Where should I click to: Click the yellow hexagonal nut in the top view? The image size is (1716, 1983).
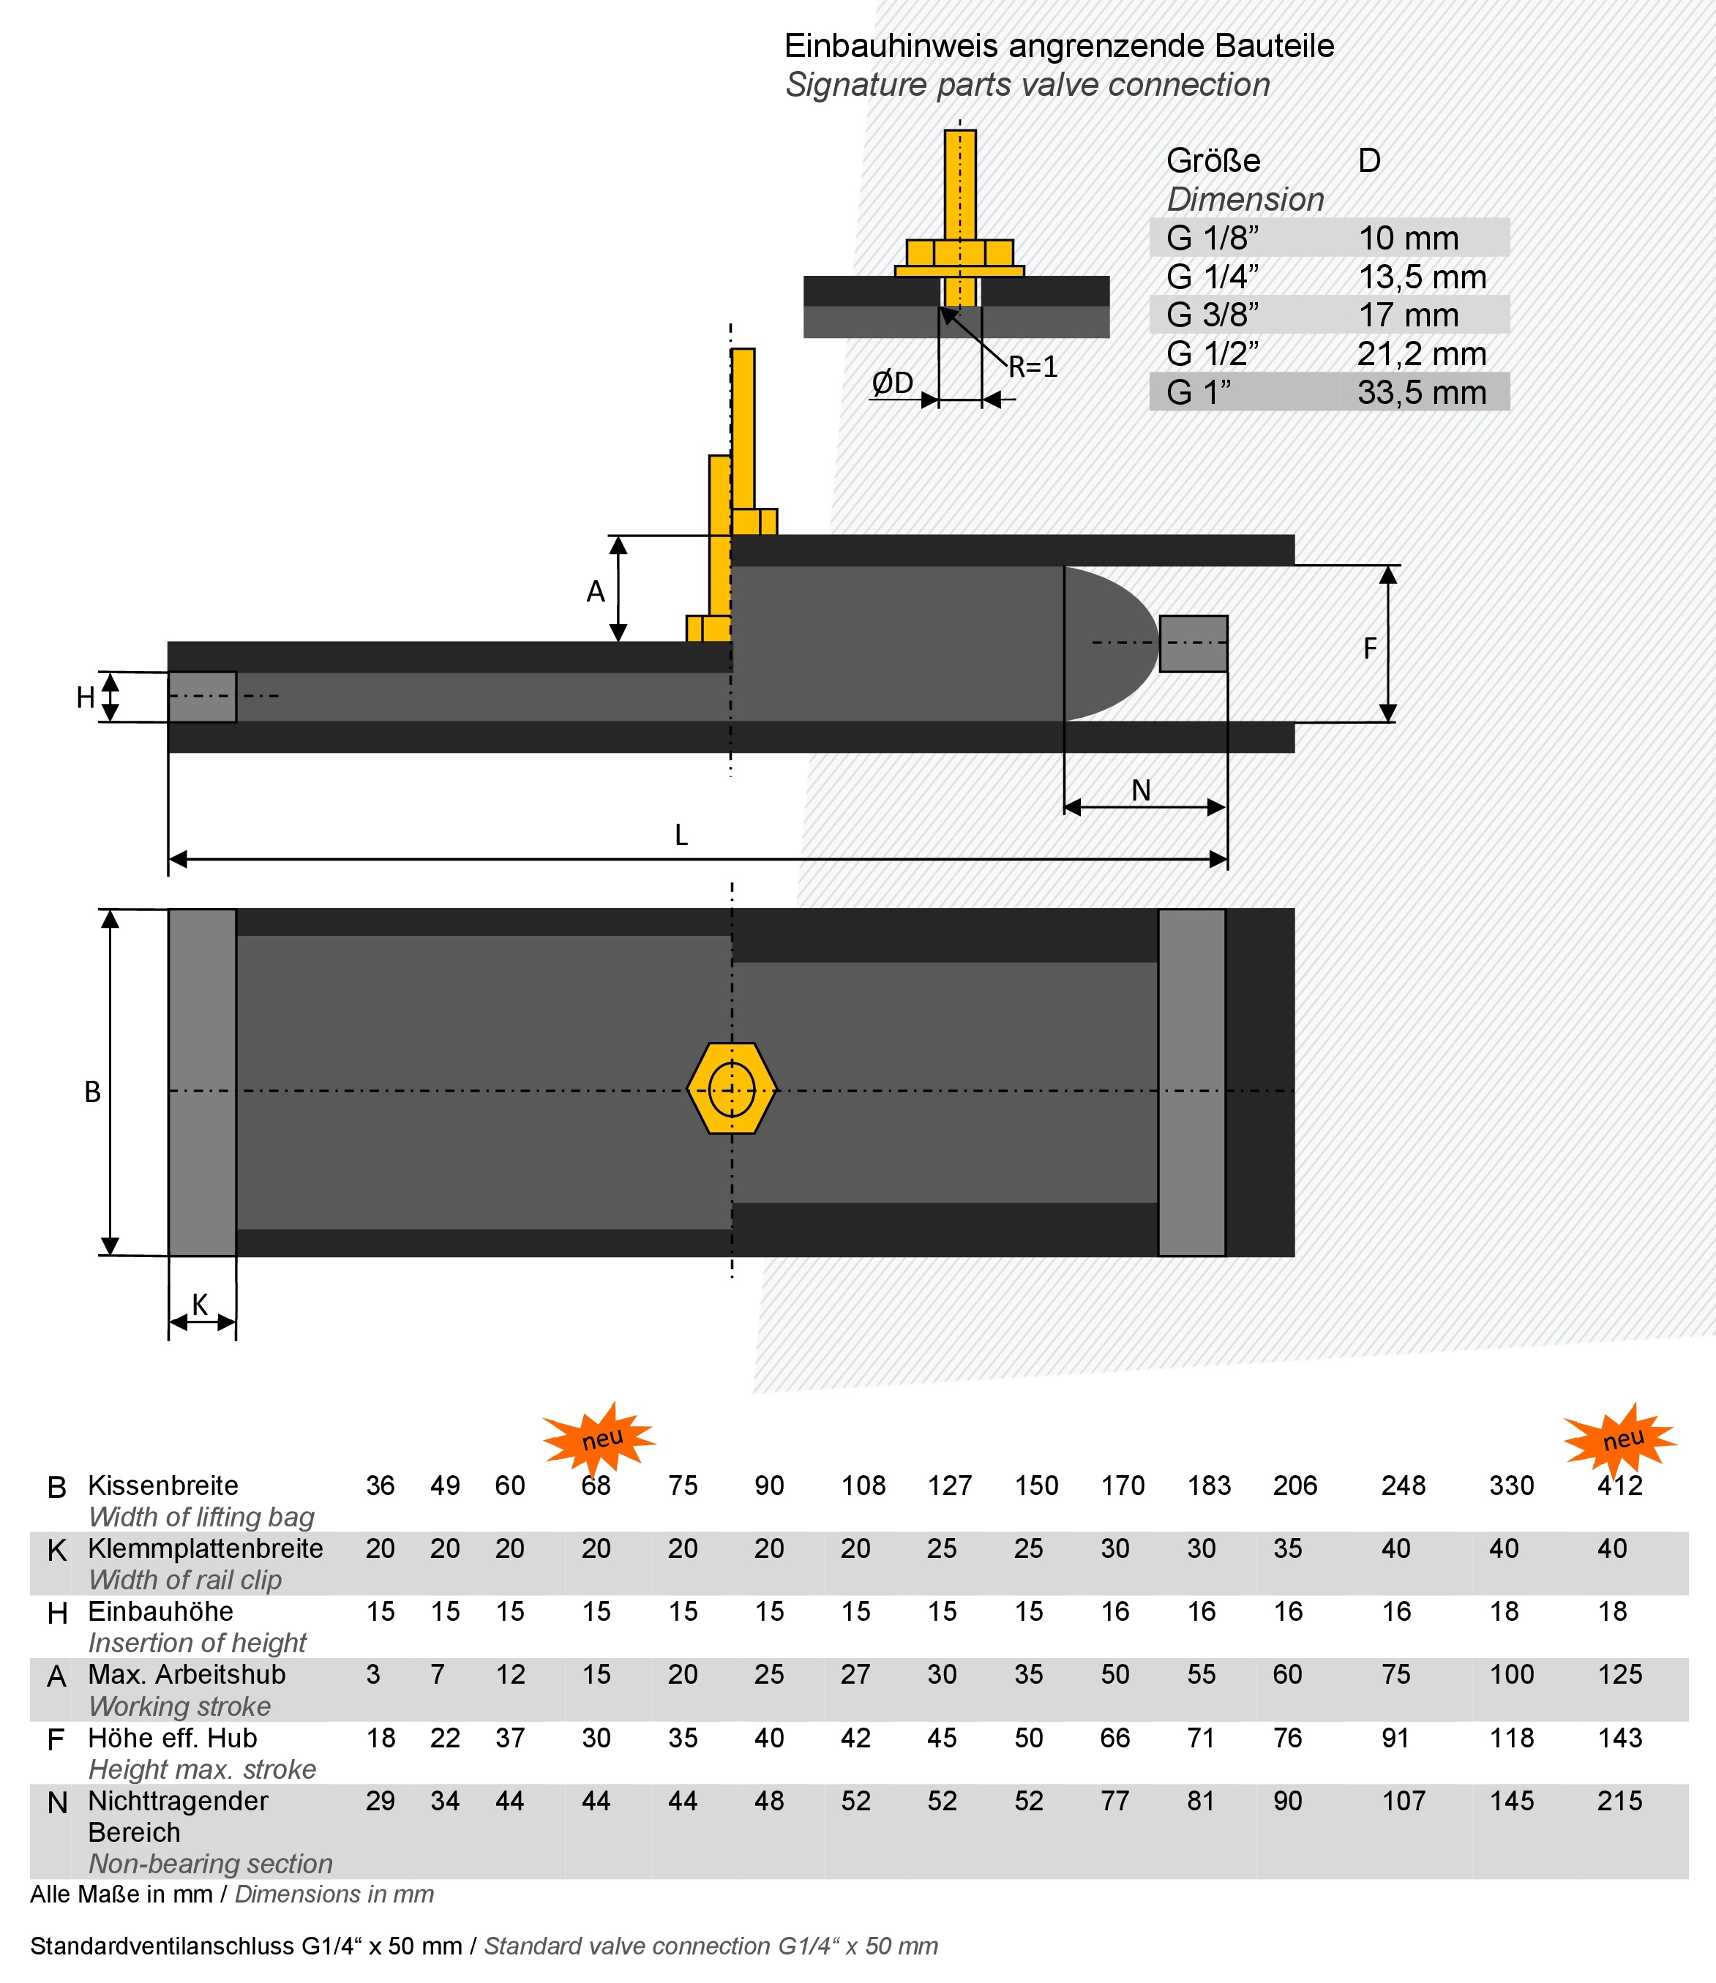732,1089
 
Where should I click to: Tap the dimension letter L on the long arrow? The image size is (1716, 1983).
681,836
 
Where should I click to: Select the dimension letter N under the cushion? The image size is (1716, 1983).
1141,791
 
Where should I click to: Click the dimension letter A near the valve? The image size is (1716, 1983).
596,593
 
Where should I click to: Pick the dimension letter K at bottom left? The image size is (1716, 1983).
199,1304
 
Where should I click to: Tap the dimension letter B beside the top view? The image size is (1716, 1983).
92,1092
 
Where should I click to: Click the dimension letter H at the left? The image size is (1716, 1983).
85,698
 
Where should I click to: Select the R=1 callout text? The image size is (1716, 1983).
1033,367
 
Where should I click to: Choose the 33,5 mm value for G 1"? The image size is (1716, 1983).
1421,393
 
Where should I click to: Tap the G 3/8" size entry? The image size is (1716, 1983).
1213,315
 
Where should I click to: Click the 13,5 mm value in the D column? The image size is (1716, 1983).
1422,277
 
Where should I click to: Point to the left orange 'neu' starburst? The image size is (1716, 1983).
600,1437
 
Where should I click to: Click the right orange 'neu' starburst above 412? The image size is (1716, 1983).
1620,1437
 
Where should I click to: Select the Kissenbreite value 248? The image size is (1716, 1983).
1403,1485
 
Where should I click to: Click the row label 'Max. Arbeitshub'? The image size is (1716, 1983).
187,1675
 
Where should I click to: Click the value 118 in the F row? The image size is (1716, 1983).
1511,1738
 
